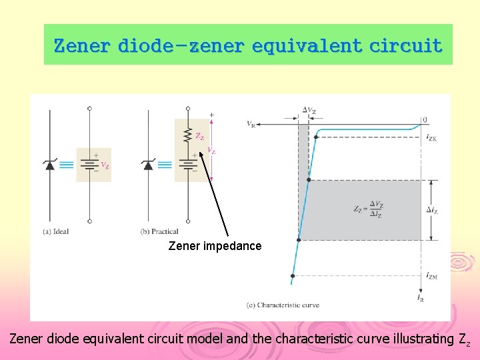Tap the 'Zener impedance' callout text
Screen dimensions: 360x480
tap(215, 246)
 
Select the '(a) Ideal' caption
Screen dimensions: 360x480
tap(57, 231)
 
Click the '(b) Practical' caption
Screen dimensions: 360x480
tap(159, 231)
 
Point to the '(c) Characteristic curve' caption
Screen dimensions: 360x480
tap(283, 305)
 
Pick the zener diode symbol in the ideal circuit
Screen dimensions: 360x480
tap(49, 165)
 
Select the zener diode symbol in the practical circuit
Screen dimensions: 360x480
tap(148, 165)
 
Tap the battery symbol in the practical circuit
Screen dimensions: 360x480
tap(188, 165)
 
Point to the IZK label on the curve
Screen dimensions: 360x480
tap(431, 137)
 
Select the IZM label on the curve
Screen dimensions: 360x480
tap(432, 275)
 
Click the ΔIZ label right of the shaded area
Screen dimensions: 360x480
tap(433, 210)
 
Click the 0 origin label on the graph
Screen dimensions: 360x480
tap(424, 120)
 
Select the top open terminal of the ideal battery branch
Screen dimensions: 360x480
tap(89, 108)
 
